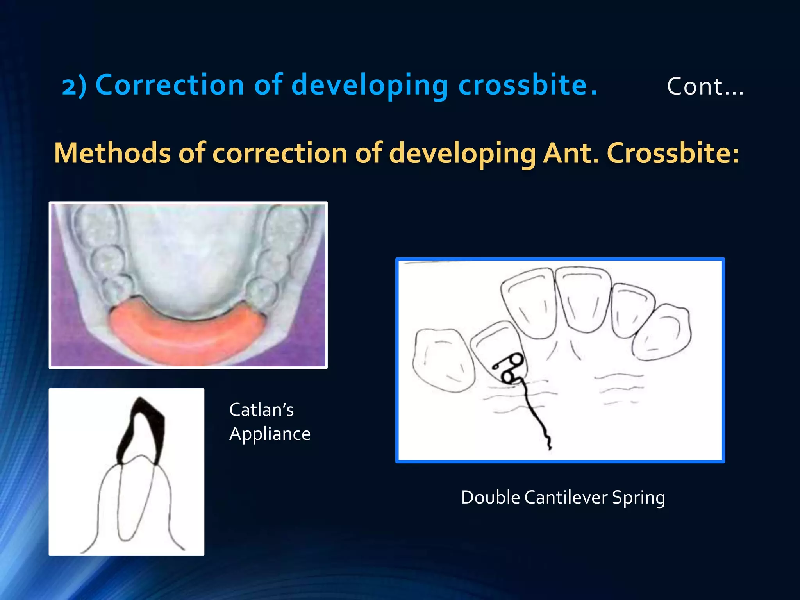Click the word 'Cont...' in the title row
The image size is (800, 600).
click(x=705, y=86)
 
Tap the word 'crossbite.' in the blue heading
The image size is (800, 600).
click(x=528, y=85)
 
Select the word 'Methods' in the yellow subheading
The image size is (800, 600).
click(x=112, y=153)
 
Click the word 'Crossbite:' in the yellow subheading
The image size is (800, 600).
click(x=673, y=153)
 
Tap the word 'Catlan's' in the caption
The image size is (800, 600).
click(x=261, y=410)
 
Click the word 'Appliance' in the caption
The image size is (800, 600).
click(x=270, y=434)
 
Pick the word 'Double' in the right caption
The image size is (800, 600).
click(x=491, y=498)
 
